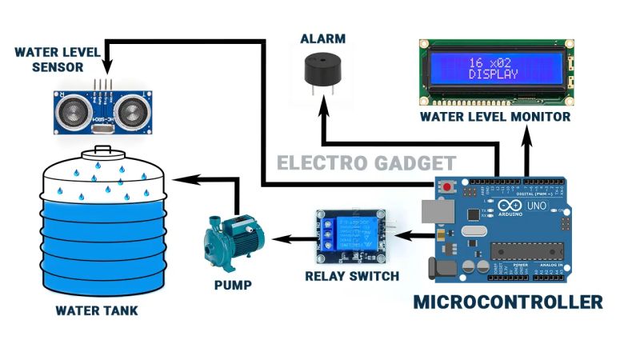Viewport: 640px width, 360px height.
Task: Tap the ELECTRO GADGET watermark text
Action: (x=366, y=163)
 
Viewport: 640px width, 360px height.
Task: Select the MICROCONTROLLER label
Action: (x=507, y=302)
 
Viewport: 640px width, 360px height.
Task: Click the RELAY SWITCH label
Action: (x=352, y=277)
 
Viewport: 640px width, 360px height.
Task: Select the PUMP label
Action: (x=233, y=285)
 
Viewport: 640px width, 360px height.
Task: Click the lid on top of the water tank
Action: (x=101, y=151)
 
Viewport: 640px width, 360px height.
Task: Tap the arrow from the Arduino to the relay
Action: (x=410, y=235)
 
